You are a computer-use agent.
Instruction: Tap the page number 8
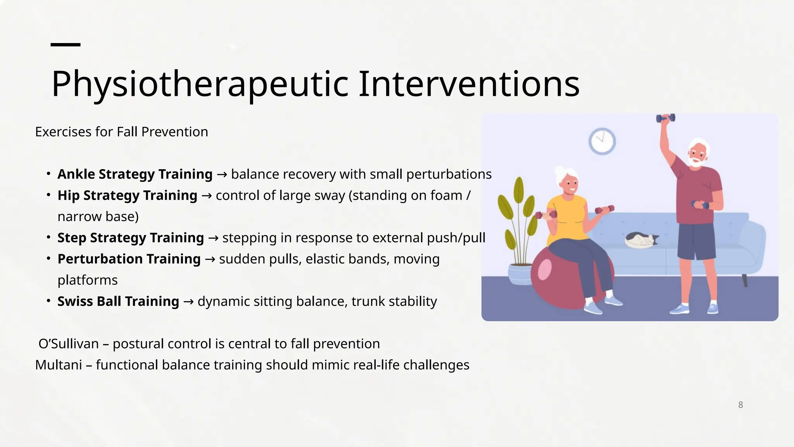coord(740,405)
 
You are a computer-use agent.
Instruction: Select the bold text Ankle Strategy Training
coord(135,174)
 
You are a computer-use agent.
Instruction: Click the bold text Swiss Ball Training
coord(118,301)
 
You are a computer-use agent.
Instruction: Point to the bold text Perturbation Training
coord(129,259)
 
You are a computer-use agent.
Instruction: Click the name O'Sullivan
coord(69,344)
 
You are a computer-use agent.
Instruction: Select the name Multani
coord(58,365)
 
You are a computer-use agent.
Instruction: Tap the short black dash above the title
coord(66,45)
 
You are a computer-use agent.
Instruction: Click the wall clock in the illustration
coord(602,141)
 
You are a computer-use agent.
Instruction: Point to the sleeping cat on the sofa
coord(640,240)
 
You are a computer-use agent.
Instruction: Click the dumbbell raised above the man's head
coord(665,118)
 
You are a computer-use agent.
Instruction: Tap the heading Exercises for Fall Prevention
coord(121,132)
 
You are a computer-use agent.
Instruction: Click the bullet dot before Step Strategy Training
coord(48,237)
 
